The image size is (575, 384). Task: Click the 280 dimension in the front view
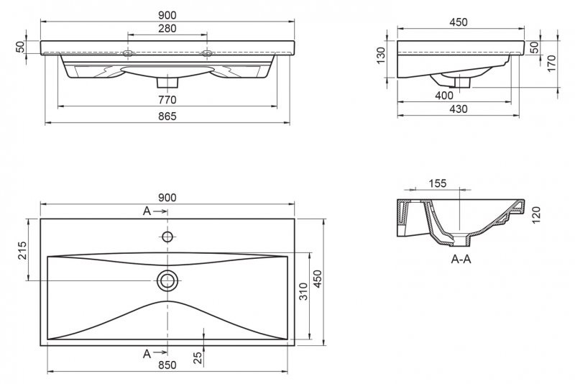(167, 28)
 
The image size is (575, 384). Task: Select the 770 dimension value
(167, 99)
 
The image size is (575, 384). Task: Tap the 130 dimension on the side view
(381, 54)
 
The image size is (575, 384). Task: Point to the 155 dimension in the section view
(437, 183)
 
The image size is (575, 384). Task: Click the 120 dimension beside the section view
(535, 214)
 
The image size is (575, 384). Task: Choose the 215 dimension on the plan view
(22, 250)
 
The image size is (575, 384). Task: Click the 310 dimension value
(303, 291)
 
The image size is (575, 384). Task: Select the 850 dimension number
(167, 365)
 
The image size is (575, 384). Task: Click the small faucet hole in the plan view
(167, 237)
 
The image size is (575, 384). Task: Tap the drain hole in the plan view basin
(167, 279)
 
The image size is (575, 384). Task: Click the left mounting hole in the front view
(128, 53)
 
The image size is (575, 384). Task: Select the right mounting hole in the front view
(206, 53)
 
